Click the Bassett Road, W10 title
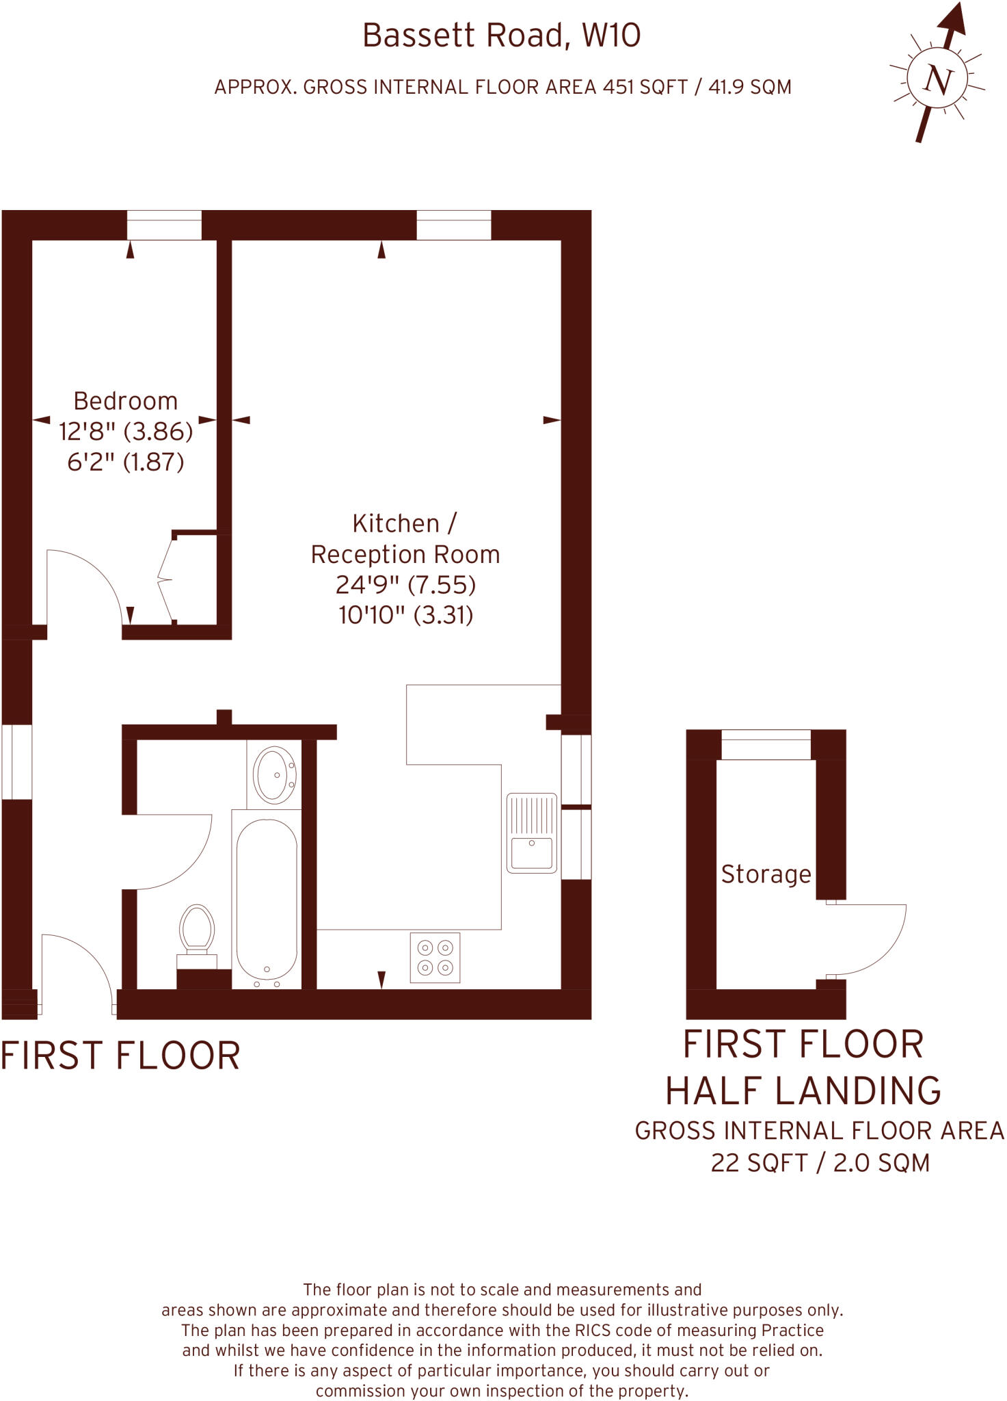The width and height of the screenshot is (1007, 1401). pos(501,36)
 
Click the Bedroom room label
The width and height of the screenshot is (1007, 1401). pos(125,401)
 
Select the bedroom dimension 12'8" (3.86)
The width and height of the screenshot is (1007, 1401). pos(126,432)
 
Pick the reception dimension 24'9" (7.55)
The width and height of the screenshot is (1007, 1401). pos(405,585)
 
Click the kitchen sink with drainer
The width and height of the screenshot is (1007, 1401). pos(531,833)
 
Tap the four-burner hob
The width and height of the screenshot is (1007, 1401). pos(435,958)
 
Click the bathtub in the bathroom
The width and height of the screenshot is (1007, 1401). pos(267,900)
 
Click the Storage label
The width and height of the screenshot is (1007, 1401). pos(766,874)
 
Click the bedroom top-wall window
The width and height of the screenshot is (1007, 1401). pos(164,225)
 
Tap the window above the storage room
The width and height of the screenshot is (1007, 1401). pos(766,744)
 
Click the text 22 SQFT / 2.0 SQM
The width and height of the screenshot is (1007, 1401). pos(820,1163)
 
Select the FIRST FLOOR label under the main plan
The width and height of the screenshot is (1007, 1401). pos(120,1056)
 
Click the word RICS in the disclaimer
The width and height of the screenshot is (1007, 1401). pos(578,1331)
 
